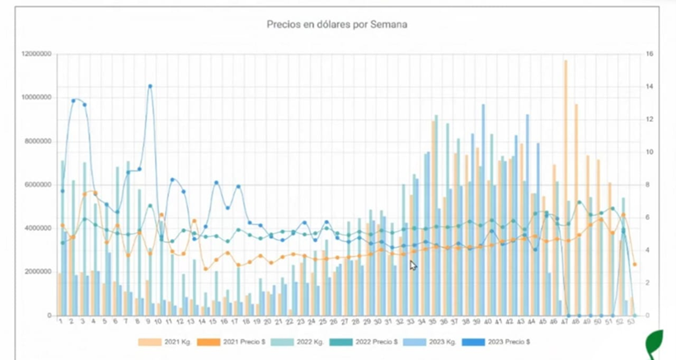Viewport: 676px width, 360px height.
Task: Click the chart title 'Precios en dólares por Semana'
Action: tap(336, 25)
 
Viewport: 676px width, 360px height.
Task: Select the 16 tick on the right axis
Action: tap(650, 54)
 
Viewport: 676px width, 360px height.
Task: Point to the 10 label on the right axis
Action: tap(650, 152)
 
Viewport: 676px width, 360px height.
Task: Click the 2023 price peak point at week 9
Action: tap(150, 86)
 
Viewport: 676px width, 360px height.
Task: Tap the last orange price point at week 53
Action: tap(635, 264)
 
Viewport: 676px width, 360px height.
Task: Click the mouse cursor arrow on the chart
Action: tap(413, 265)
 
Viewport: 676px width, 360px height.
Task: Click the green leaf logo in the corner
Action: tap(657, 341)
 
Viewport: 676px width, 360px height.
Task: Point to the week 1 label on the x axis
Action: tap(61, 322)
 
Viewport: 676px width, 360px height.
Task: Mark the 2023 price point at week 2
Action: tap(73, 101)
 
